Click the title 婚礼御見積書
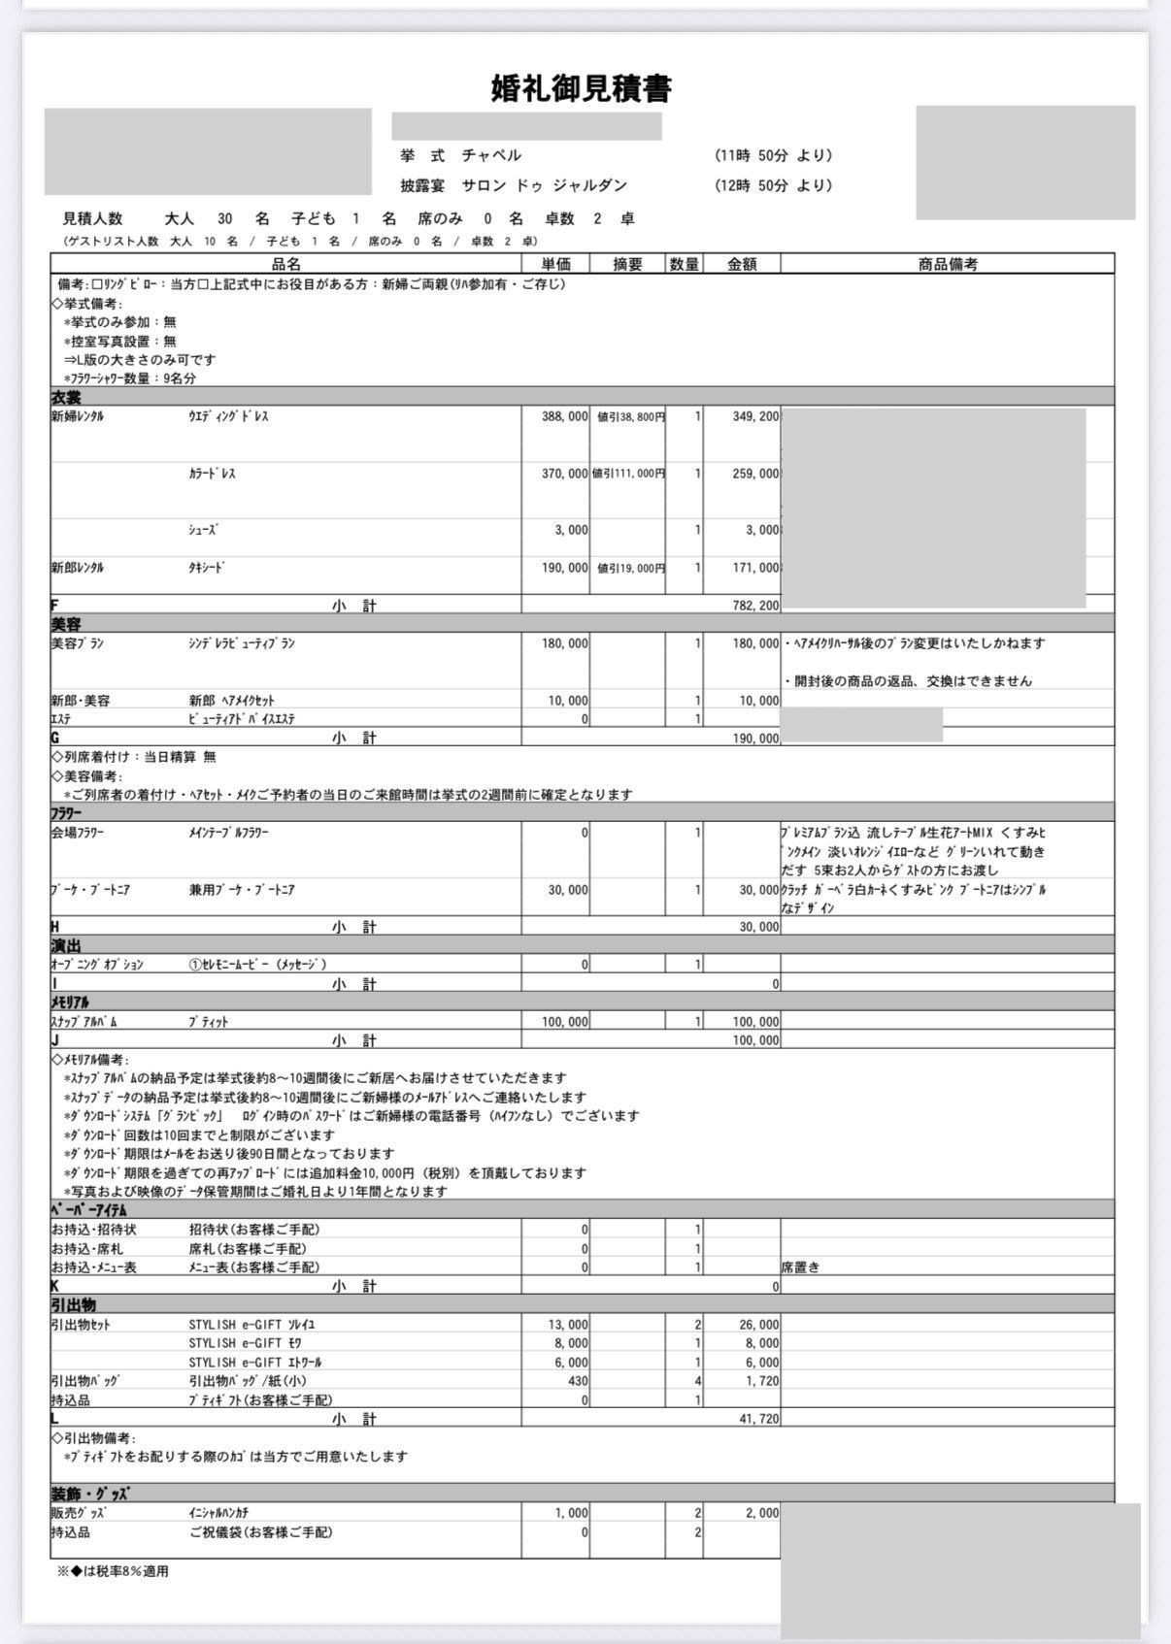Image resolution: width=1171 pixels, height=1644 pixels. tap(581, 89)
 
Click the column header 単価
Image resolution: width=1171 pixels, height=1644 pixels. tap(554, 264)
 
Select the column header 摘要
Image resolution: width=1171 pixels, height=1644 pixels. tap(627, 264)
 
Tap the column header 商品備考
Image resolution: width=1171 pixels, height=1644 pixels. tap(947, 264)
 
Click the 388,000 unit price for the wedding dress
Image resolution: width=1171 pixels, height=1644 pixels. tap(564, 416)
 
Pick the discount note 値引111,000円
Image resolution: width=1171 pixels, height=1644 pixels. tap(628, 474)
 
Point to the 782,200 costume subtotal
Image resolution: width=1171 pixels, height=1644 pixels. tap(754, 606)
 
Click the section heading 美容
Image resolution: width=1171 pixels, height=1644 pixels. tap(66, 624)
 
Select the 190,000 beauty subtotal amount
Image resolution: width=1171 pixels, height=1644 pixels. tap(754, 739)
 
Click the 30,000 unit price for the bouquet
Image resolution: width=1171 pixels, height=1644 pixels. tap(566, 890)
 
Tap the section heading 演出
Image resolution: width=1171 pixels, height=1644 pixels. tap(66, 945)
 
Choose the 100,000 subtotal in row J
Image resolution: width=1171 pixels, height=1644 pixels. tap(754, 1040)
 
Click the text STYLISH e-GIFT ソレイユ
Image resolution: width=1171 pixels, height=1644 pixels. tap(251, 1324)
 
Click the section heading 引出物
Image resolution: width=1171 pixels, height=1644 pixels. tap(73, 1304)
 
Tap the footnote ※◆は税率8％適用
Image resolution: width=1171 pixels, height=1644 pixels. tap(113, 1571)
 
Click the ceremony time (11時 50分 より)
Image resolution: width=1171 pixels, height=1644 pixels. tap(774, 155)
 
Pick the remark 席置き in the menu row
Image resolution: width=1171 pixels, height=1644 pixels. tap(800, 1267)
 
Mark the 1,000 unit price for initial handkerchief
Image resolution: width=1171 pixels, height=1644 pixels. tap(571, 1513)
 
